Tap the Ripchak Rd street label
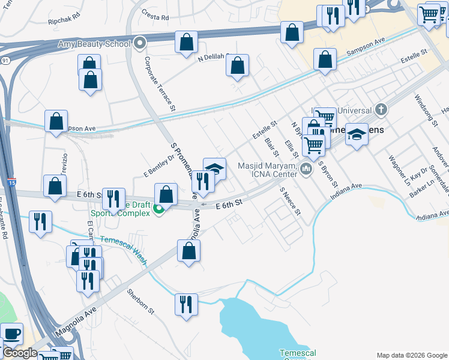click(x=64, y=20)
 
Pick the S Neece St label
click(x=289, y=201)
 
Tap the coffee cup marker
click(x=11, y=334)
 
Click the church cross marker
click(x=380, y=110)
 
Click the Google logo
click(x=19, y=353)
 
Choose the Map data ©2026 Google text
click(x=412, y=355)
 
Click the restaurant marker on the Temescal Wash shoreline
click(x=187, y=304)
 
